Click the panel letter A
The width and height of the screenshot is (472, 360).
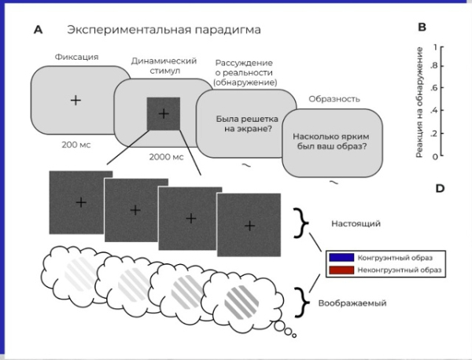pos(38,30)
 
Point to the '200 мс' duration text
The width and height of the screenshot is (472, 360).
pos(76,145)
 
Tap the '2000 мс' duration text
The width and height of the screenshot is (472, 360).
pos(166,156)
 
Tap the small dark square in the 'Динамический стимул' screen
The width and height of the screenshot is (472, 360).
pos(164,114)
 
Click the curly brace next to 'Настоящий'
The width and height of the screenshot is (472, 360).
pos(301,223)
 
